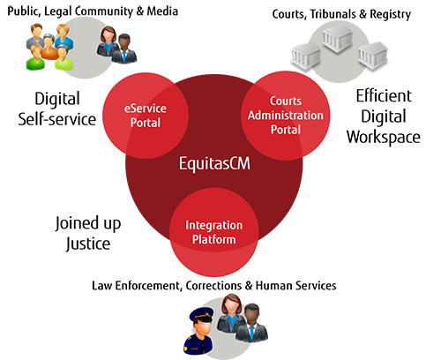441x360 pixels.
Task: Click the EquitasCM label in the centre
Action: (214, 163)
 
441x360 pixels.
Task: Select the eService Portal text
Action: (146, 116)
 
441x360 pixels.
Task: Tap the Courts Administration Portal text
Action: (286, 116)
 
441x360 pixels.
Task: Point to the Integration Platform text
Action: (214, 232)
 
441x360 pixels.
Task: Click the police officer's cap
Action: (201, 315)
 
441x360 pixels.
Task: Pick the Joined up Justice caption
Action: (88, 233)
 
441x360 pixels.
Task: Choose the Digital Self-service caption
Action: (57, 109)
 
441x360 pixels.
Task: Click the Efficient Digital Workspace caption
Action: (384, 116)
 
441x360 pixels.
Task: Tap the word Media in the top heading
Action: (162, 11)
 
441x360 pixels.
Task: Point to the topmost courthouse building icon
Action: (337, 38)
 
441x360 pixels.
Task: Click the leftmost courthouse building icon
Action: (306, 57)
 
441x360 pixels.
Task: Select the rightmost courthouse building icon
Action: (373, 56)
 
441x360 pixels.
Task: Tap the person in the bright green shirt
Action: (35, 57)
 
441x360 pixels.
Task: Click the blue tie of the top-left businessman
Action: (124, 56)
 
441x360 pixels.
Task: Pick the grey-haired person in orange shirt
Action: (49, 47)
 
